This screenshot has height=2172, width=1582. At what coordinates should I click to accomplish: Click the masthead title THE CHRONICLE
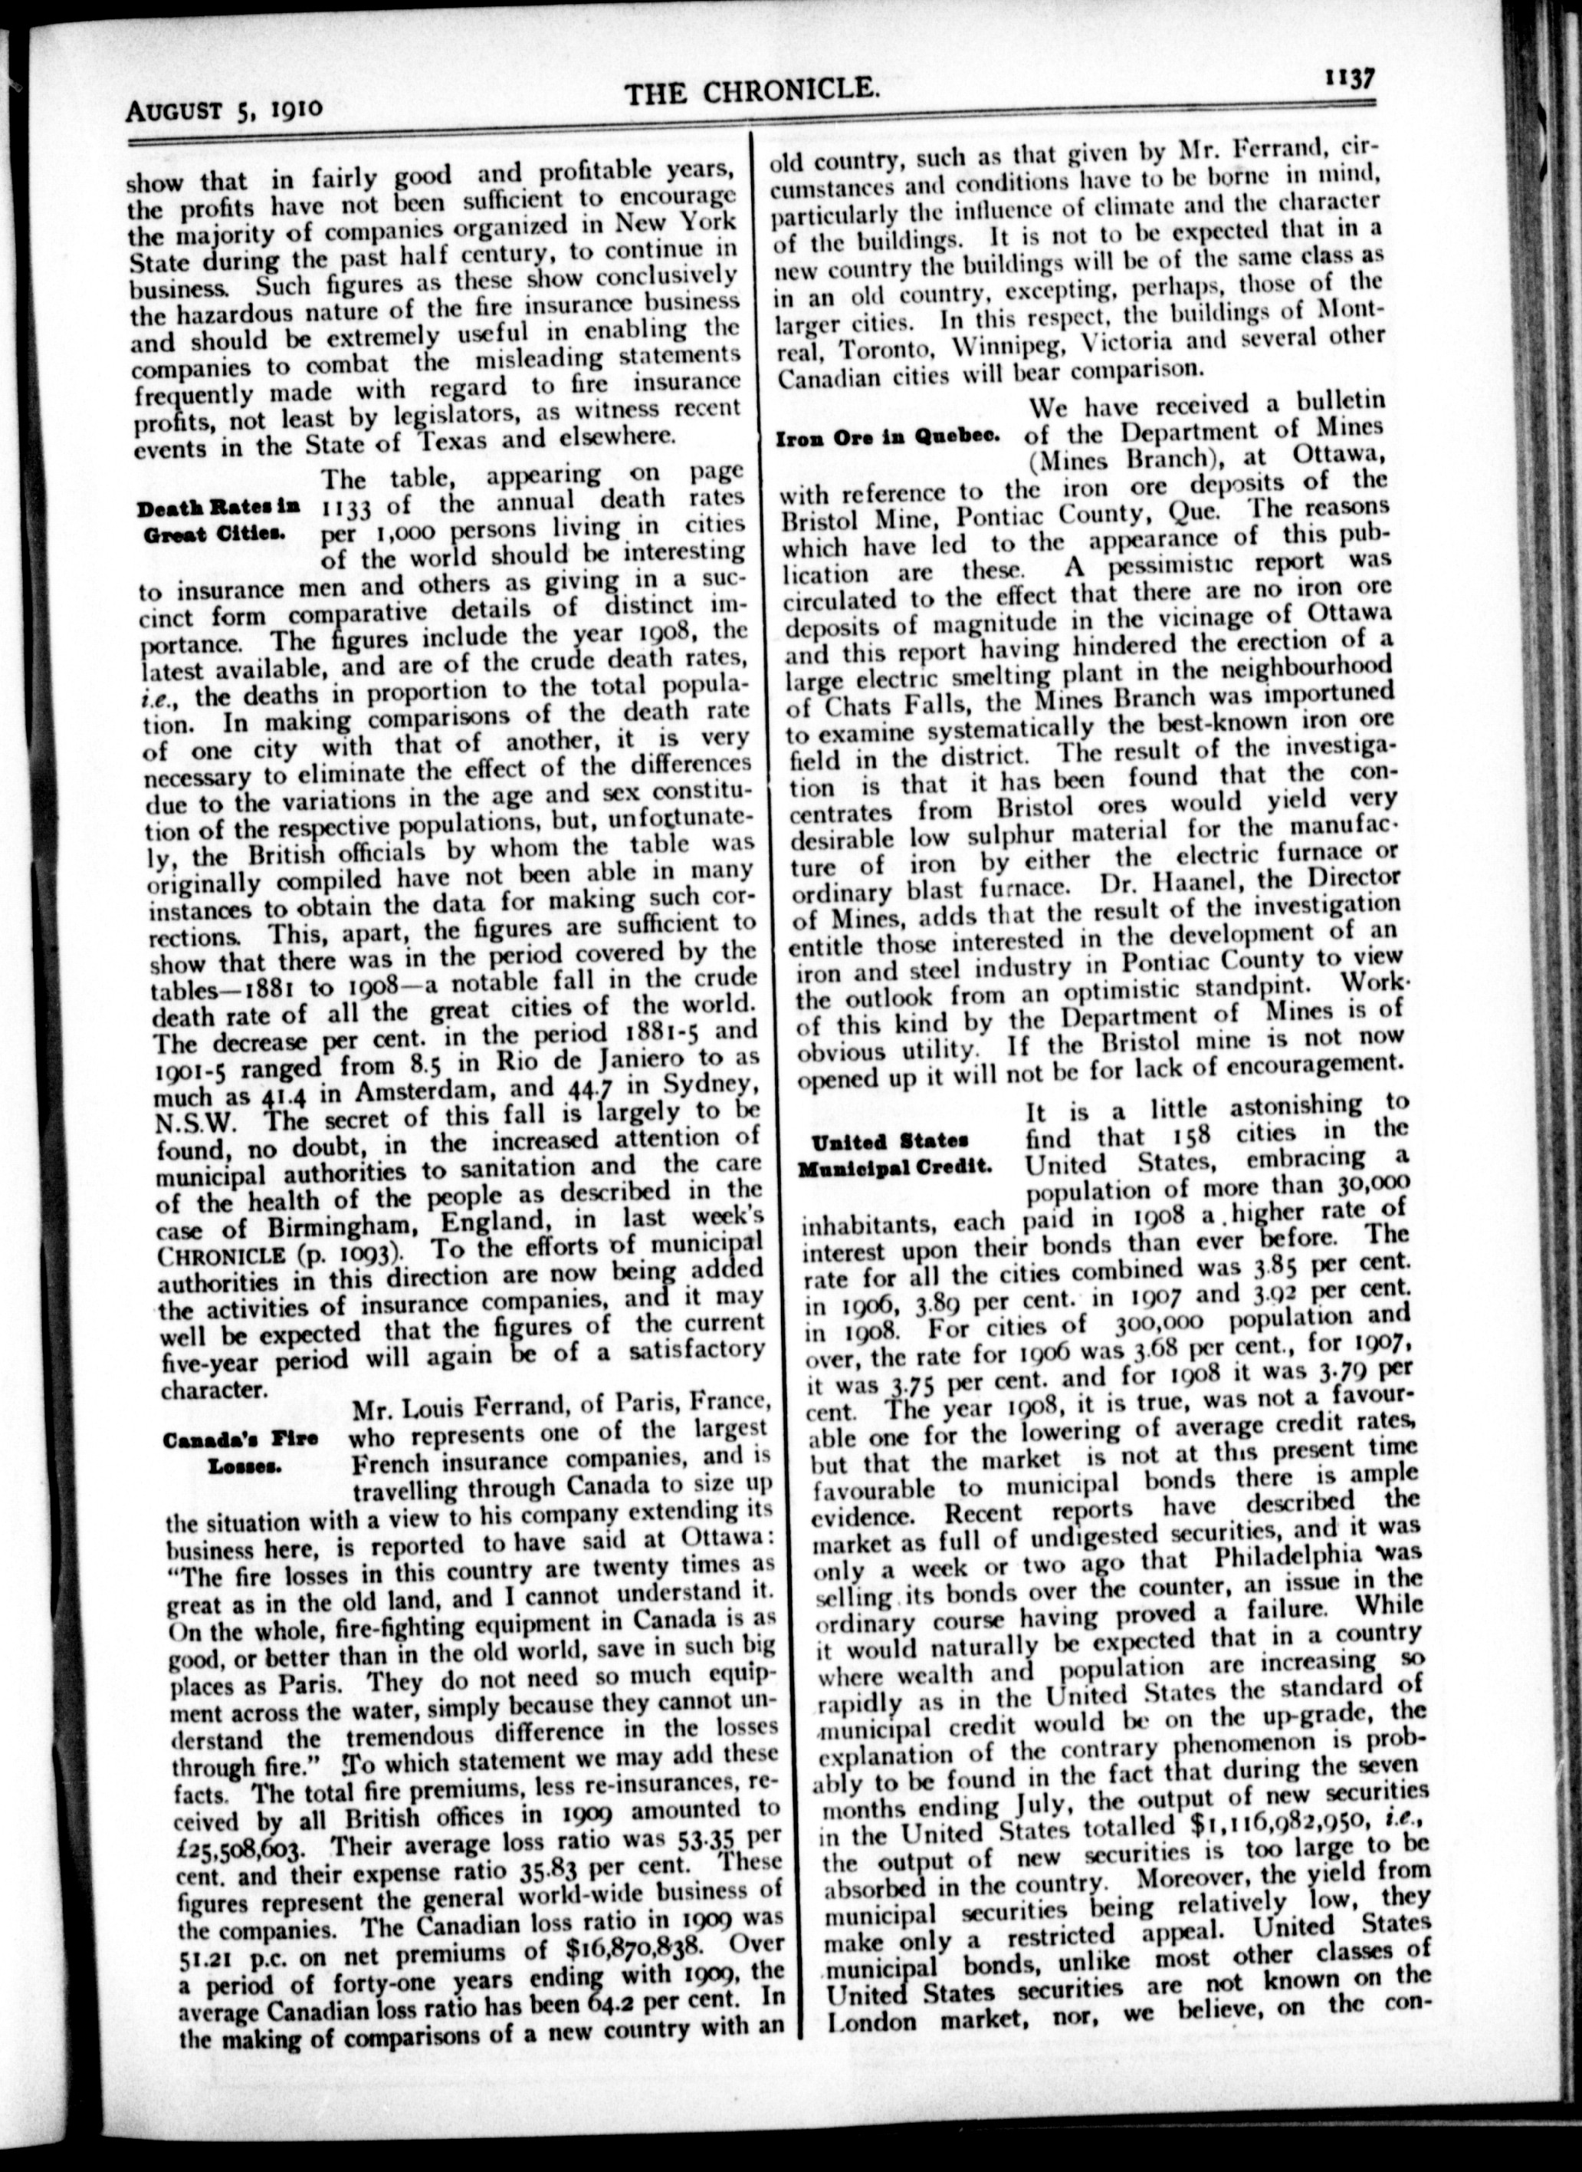click(752, 92)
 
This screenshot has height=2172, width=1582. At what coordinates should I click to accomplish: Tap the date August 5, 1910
click(225, 107)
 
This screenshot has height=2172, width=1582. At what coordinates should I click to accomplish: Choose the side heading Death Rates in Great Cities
click(219, 520)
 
